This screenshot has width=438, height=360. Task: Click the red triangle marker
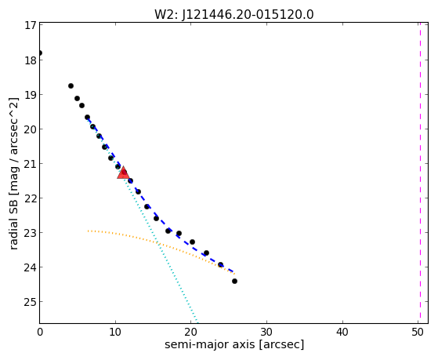(x=123, y=173)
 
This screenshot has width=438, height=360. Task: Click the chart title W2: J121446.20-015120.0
(x=234, y=15)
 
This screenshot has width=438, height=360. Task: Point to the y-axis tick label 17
(x=31, y=25)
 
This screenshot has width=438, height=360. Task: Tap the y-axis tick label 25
(x=31, y=302)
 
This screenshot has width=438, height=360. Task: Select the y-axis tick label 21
(x=31, y=164)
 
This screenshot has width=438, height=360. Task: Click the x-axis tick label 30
(x=266, y=333)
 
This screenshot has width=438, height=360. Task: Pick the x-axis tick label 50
(x=418, y=333)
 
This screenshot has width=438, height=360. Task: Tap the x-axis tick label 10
(x=115, y=333)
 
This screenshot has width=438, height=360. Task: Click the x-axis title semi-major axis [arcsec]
(x=234, y=344)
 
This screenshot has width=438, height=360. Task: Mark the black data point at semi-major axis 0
(x=40, y=53)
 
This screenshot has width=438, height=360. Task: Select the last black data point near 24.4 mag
(x=234, y=281)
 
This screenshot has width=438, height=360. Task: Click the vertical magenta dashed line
(x=420, y=173)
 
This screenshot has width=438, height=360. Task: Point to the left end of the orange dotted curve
(x=88, y=231)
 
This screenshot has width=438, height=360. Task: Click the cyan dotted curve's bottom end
(x=197, y=322)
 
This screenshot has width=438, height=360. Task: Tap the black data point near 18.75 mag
(x=71, y=85)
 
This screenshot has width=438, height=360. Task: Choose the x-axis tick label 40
(x=342, y=333)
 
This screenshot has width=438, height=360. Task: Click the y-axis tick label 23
(x=31, y=233)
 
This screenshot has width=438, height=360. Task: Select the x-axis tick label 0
(x=40, y=333)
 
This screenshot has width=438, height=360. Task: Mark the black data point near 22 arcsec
(x=206, y=253)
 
